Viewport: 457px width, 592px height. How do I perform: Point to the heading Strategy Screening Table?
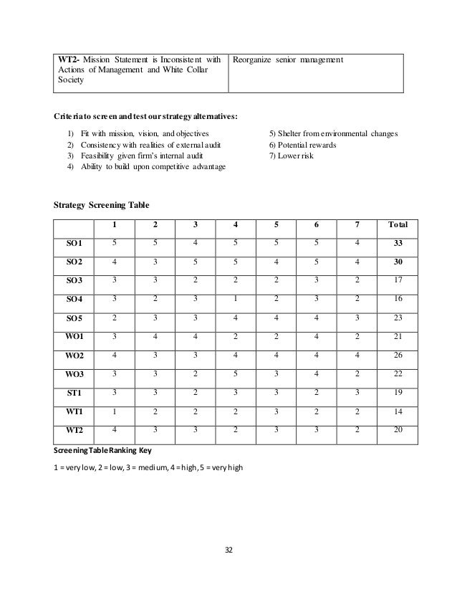pos(101,204)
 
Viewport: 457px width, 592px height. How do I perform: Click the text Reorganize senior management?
pos(288,58)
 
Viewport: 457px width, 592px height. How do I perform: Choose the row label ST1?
pos(74,392)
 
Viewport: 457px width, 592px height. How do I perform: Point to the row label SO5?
pos(74,318)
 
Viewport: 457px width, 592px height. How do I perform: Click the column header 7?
pos(356,224)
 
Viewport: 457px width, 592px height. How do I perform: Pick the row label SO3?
pos(74,280)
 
